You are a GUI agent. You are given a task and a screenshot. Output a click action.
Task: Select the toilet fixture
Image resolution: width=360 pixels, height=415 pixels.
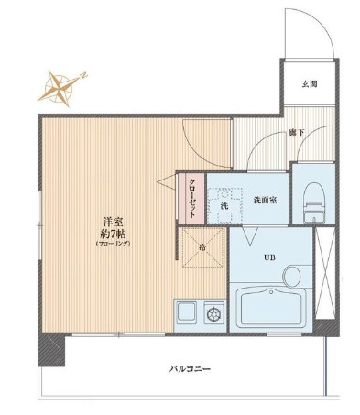[x=311, y=193]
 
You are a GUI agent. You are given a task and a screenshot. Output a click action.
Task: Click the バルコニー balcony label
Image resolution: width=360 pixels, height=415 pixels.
[x=191, y=368]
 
